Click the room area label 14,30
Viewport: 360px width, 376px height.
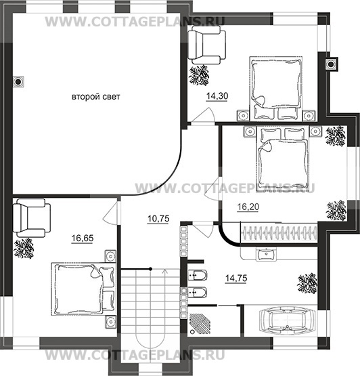click(x=217, y=96)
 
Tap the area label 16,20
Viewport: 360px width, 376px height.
click(x=248, y=207)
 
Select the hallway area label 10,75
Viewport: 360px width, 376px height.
click(x=158, y=219)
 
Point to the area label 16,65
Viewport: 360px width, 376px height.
click(x=83, y=238)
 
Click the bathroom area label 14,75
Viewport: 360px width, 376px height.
click(x=236, y=278)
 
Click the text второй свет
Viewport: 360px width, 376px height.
click(x=96, y=97)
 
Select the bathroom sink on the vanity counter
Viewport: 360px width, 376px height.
click(x=266, y=254)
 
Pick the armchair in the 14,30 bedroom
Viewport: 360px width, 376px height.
click(x=207, y=45)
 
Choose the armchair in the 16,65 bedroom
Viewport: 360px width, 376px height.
click(x=32, y=218)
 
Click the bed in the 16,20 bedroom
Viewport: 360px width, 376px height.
click(x=282, y=159)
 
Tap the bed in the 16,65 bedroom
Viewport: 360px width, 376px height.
click(x=84, y=289)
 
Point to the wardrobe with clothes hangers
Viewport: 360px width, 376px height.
click(x=279, y=233)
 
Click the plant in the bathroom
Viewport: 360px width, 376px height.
click(x=307, y=284)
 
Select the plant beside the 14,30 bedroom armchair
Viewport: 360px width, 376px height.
click(x=199, y=75)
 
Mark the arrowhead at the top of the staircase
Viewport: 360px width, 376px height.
click(x=165, y=271)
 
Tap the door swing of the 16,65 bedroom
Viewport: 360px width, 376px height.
click(x=111, y=213)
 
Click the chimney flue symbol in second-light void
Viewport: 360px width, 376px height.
click(x=18, y=82)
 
